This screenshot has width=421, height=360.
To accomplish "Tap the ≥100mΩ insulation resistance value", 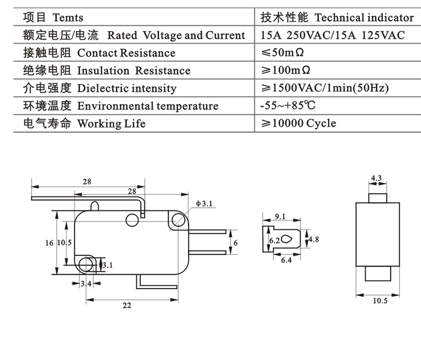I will pyautogui.click(x=286, y=70).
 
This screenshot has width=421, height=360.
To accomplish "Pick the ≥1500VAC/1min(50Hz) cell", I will pyautogui.click(x=324, y=88).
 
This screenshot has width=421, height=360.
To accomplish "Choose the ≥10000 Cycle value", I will pyautogui.click(x=298, y=123).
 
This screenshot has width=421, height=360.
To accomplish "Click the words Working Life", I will pyautogui.click(x=111, y=123).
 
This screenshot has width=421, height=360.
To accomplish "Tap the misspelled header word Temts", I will pyautogui.click(x=68, y=18).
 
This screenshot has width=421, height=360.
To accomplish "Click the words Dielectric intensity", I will pyautogui.click(x=127, y=88).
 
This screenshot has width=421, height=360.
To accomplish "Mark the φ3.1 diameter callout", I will pyautogui.click(x=205, y=203).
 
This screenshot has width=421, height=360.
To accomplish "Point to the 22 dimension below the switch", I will pyautogui.click(x=127, y=305).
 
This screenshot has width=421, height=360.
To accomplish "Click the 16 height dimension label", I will pyautogui.click(x=49, y=243).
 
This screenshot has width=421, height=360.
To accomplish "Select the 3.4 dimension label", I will pyautogui.click(x=86, y=283).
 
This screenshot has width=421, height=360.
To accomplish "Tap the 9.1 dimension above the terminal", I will pyautogui.click(x=280, y=217).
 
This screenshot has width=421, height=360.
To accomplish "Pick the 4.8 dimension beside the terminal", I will pyautogui.click(x=314, y=240).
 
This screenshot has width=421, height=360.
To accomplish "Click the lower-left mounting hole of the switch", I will pyautogui.click(x=85, y=263).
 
